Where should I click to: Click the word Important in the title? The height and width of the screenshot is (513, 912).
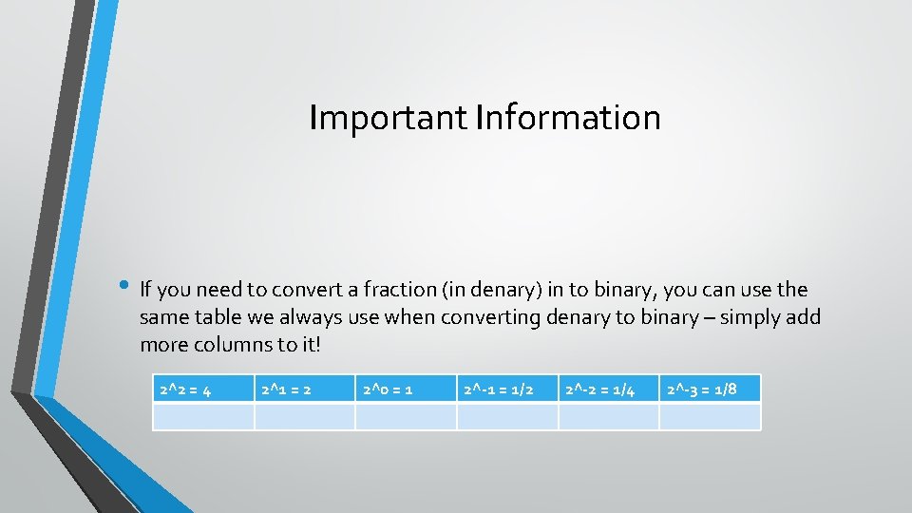point(389,118)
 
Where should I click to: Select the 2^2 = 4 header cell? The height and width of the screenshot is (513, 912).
point(203,389)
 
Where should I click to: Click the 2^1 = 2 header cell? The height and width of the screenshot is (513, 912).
point(305,389)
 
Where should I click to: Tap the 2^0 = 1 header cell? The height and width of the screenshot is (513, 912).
point(406,389)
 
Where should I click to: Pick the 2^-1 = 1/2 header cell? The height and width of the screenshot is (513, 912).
point(507,389)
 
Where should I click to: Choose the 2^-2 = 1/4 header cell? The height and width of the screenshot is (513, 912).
point(609,389)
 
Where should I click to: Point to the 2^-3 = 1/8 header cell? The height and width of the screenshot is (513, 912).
point(710,389)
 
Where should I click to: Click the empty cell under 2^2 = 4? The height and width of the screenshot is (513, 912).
point(203,417)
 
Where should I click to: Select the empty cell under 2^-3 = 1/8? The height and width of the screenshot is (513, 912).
point(710,417)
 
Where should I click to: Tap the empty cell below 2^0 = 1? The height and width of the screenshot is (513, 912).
point(406,417)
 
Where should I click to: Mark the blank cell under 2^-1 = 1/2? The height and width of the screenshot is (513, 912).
point(507,417)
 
